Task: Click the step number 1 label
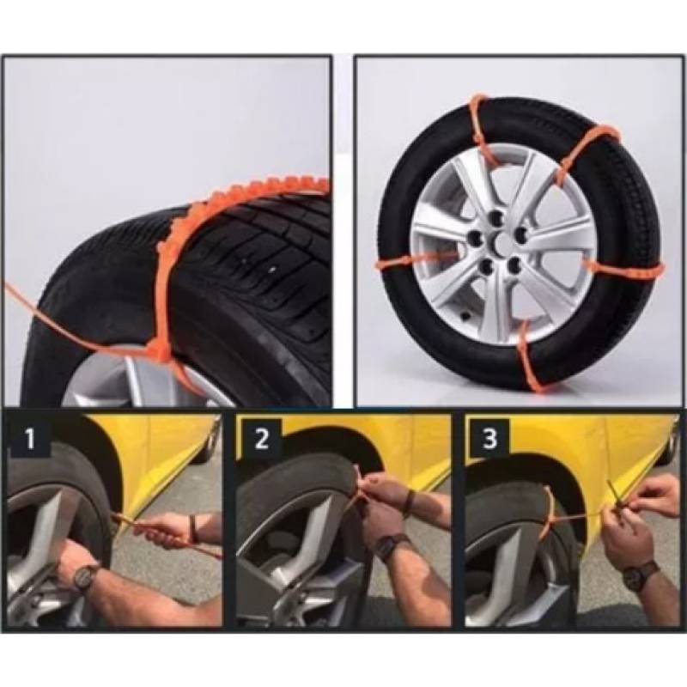tap(29, 439)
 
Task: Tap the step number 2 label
tap(261, 438)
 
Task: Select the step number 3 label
tap(489, 437)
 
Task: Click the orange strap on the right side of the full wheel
tap(622, 269)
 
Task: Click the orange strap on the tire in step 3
tap(549, 512)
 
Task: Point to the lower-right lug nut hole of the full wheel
tap(514, 264)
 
